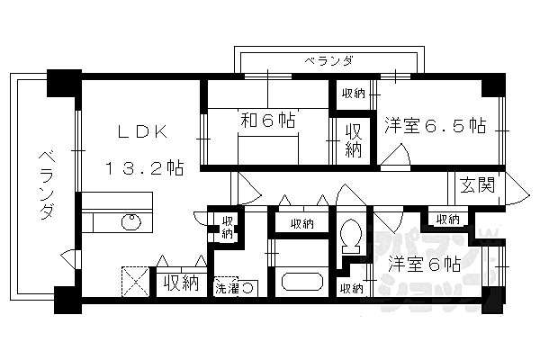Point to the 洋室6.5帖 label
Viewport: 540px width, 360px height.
436,124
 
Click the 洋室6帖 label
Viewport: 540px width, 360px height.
425,265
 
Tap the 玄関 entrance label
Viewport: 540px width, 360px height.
477,185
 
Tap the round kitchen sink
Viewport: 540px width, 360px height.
131,220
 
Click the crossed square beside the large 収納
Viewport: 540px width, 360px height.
138,283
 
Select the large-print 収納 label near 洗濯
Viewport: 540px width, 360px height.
180,283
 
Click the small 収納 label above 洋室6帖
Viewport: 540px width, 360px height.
446,219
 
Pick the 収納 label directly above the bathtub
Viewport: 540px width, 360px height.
301,223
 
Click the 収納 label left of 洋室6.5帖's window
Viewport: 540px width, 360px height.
353,93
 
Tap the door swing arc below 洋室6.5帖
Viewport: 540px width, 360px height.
393,160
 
